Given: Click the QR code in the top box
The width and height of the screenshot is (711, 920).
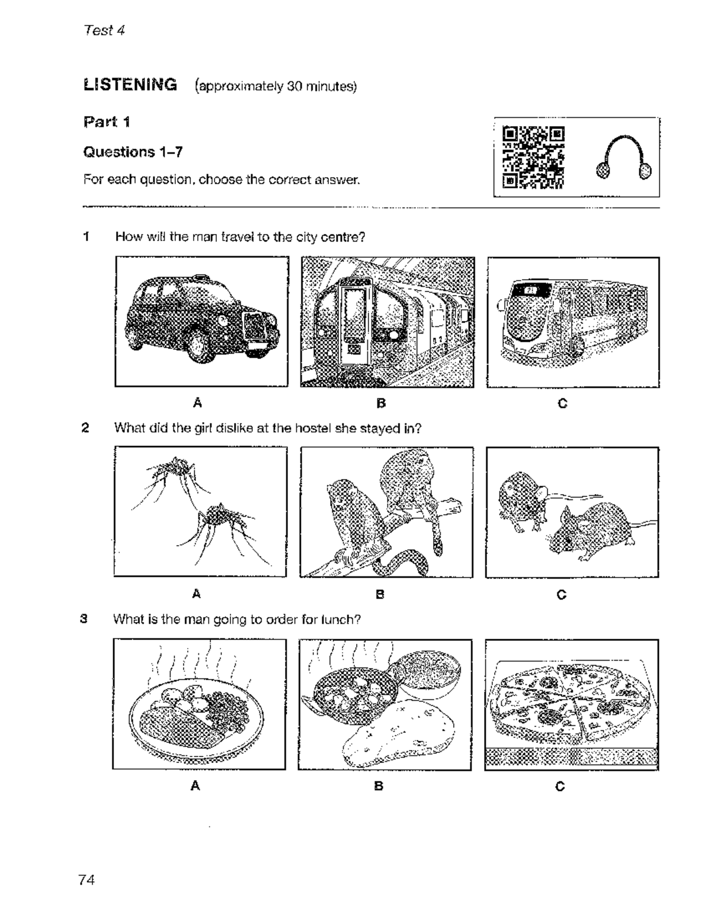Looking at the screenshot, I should pyautogui.click(x=533, y=158).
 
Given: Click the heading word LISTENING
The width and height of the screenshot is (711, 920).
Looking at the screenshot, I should pyautogui.click(x=130, y=85).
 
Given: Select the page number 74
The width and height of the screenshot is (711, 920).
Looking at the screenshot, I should pyautogui.click(x=86, y=880).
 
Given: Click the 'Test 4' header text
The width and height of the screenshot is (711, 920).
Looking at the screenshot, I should pyautogui.click(x=104, y=30).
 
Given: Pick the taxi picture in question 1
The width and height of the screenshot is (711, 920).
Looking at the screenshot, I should pyautogui.click(x=201, y=322).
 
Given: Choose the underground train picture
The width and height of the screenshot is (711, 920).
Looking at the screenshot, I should pyautogui.click(x=387, y=322).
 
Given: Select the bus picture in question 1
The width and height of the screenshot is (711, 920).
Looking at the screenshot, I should pyautogui.click(x=573, y=322).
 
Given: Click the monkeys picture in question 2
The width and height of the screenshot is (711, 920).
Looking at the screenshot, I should pyautogui.click(x=386, y=512).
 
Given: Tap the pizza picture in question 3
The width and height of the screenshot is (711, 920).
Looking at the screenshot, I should pyautogui.click(x=571, y=704).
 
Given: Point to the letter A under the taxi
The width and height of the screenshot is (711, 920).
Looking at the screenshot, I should pyautogui.click(x=198, y=403).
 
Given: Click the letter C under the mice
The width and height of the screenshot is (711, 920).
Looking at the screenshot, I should pyautogui.click(x=562, y=594).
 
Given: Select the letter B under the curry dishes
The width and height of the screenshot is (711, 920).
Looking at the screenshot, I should pyautogui.click(x=379, y=786).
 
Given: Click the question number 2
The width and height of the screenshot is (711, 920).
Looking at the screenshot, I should pyautogui.click(x=85, y=428).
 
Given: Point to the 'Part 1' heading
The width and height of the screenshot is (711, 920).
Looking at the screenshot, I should pyautogui.click(x=107, y=122).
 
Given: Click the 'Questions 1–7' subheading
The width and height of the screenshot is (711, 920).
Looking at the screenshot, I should pyautogui.click(x=133, y=152).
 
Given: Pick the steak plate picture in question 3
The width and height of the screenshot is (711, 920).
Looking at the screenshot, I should pyautogui.click(x=199, y=704).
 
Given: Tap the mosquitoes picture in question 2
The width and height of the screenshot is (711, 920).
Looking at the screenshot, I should pyautogui.click(x=200, y=512).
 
